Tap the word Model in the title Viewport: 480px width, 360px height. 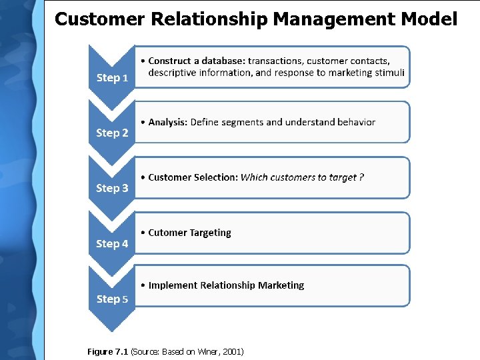click(x=429, y=19)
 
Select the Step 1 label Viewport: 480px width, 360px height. click(x=112, y=78)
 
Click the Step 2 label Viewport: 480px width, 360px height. click(x=112, y=133)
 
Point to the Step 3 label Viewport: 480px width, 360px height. click(x=112, y=189)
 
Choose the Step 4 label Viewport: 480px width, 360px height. click(x=112, y=244)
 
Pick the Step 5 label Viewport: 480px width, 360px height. click(x=112, y=299)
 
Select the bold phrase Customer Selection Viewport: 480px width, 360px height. click(x=193, y=177)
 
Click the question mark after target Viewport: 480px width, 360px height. click(x=361, y=177)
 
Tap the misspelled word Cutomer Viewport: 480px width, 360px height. click(x=167, y=233)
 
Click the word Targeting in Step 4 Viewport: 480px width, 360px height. click(x=210, y=233)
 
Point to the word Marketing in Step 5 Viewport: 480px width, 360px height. click(x=281, y=285)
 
